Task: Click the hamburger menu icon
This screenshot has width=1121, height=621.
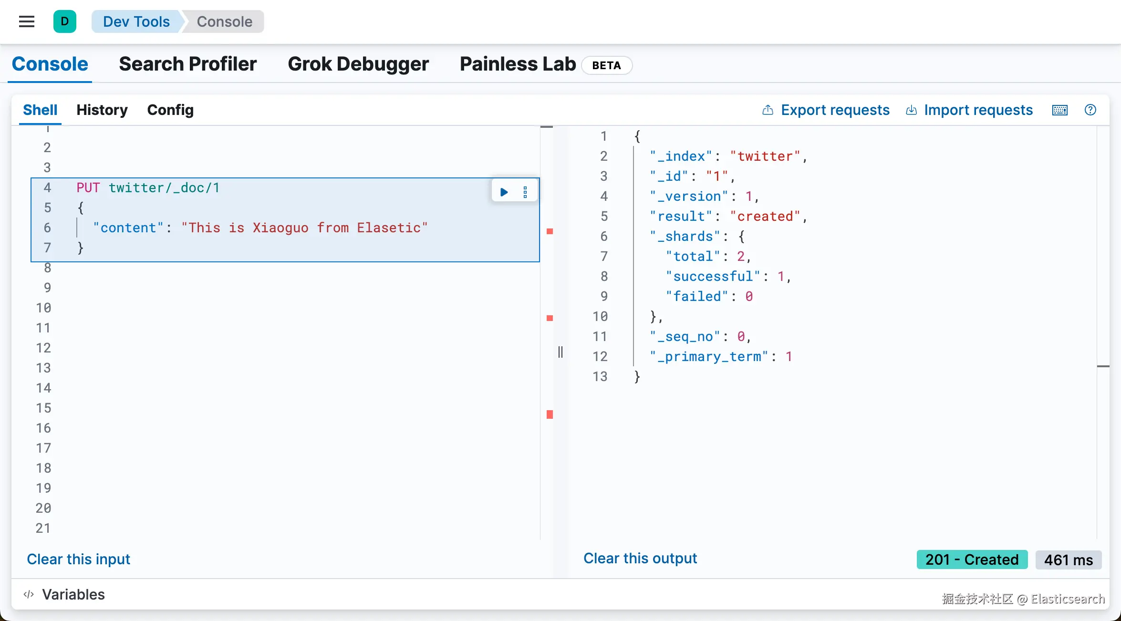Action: point(27,21)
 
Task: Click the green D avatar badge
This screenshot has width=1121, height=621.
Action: point(65,21)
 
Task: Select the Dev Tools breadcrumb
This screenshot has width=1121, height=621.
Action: point(136,21)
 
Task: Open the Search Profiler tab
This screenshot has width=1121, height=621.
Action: point(188,64)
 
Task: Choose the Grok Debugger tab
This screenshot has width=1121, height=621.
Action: point(358,64)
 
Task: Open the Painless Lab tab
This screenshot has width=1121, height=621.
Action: point(518,64)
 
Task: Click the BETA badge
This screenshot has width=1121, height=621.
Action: point(607,65)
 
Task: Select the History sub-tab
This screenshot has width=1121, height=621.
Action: point(102,110)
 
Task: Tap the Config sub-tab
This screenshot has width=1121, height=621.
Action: point(170,110)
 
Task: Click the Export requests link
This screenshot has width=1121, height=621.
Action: point(826,110)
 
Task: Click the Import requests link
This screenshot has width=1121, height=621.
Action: point(969,110)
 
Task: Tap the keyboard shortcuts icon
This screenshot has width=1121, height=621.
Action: point(1060,110)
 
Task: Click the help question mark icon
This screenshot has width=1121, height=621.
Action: point(1090,110)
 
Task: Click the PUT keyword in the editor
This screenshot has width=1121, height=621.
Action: point(88,188)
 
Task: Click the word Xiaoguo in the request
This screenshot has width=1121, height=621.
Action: point(280,228)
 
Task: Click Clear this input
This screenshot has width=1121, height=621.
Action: point(79,559)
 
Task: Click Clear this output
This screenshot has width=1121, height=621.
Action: point(640,559)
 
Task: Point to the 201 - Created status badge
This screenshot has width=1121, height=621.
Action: point(972,559)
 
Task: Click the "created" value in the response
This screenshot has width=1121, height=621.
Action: point(766,217)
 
